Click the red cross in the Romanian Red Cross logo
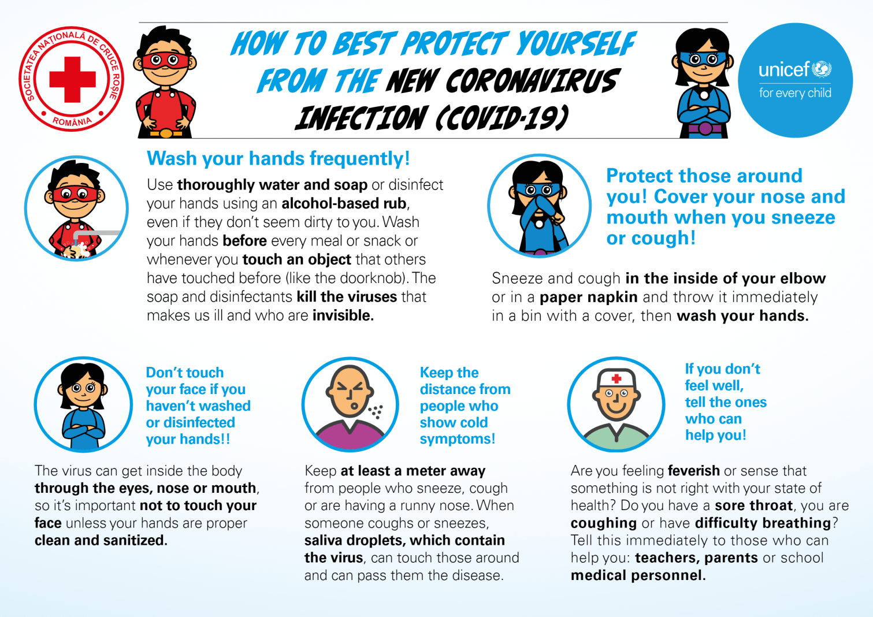coord(72,80)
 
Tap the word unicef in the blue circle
coord(784,70)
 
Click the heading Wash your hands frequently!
coord(278,159)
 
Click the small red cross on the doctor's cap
coord(616,378)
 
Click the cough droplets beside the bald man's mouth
coord(376,411)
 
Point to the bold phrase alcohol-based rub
coord(344,203)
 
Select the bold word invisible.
coord(343,315)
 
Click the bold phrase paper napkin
coord(589,298)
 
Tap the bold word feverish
coord(694,471)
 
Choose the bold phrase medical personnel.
coord(638,575)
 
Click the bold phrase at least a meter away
coord(413,471)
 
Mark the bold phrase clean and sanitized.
coord(101,541)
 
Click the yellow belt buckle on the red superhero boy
coord(166,133)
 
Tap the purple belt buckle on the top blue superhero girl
coord(705,128)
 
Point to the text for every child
coord(795,93)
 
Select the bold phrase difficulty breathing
coord(763,523)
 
